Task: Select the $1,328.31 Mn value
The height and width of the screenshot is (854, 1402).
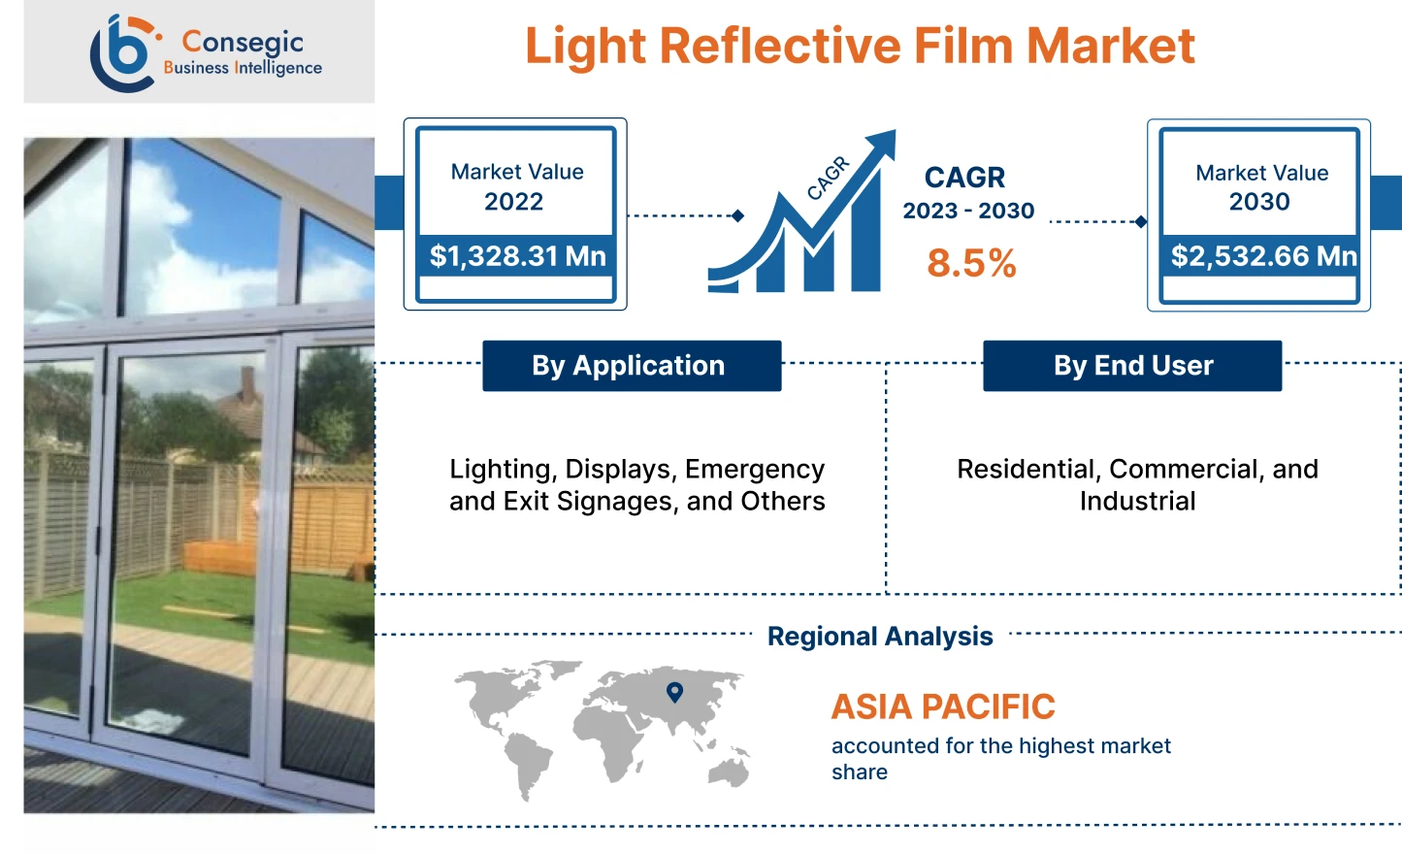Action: (517, 256)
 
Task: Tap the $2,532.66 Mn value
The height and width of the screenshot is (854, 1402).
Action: (1263, 256)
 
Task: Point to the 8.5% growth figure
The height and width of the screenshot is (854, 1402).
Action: (971, 263)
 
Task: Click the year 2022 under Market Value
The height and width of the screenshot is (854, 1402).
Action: (513, 202)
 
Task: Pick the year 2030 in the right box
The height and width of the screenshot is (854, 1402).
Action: (1259, 202)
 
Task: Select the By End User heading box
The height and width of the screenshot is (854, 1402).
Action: (1132, 366)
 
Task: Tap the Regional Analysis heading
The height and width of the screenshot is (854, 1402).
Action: (880, 637)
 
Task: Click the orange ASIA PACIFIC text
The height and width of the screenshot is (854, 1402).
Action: (943, 706)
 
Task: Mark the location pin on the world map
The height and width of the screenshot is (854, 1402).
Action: (675, 692)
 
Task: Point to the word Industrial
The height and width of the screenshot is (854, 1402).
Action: (1137, 502)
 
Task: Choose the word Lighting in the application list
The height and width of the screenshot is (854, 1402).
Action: (501, 470)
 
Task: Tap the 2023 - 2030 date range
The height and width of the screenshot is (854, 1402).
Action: (968, 212)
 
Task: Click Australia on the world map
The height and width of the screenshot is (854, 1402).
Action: (729, 772)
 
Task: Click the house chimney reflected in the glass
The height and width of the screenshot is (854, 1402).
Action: (247, 382)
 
